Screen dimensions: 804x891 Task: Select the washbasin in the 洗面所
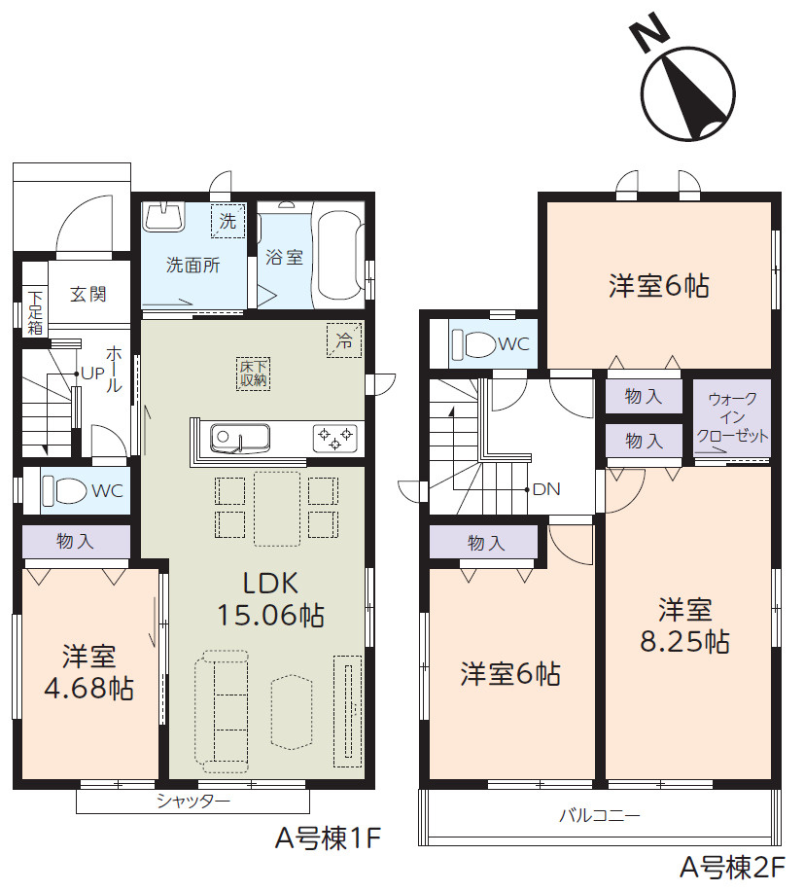(164, 218)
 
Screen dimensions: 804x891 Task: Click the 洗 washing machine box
(227, 221)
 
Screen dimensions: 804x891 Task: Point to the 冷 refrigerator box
(344, 340)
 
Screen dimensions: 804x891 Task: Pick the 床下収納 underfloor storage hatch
(253, 374)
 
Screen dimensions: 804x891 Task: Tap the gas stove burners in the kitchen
(335, 438)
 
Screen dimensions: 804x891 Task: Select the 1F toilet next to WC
(64, 490)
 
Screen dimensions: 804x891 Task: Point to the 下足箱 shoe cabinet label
(35, 312)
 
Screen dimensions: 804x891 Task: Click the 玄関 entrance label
(88, 295)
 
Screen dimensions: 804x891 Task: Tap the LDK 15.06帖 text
(271, 599)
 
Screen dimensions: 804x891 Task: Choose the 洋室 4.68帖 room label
(89, 672)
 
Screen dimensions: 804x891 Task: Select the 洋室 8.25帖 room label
(684, 625)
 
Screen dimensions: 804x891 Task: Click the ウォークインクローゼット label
(732, 417)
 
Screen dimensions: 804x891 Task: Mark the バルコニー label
(600, 816)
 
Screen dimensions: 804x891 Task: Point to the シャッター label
(193, 802)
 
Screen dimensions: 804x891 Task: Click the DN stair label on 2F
(546, 488)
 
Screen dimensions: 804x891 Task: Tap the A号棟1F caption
(329, 838)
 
